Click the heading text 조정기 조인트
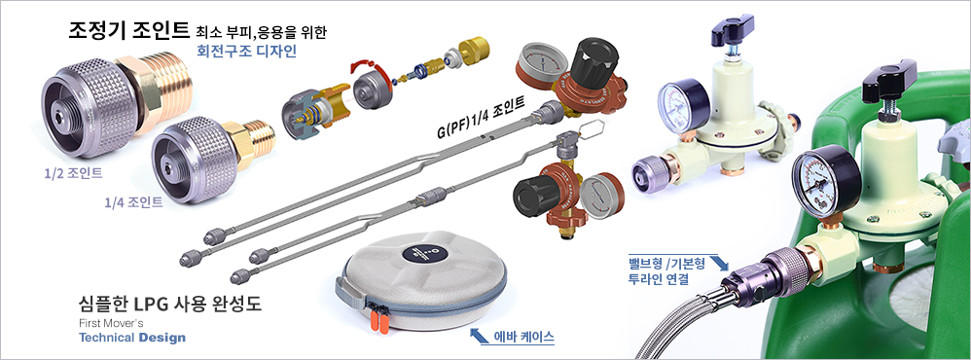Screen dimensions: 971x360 128,30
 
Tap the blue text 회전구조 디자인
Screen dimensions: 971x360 246,52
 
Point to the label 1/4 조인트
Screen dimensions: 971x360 133,202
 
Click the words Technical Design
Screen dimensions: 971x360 132,338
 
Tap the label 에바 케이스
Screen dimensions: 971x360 524,338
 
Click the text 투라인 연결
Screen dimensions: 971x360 658,278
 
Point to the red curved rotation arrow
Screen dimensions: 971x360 373,76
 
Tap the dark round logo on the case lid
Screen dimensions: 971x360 423,252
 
